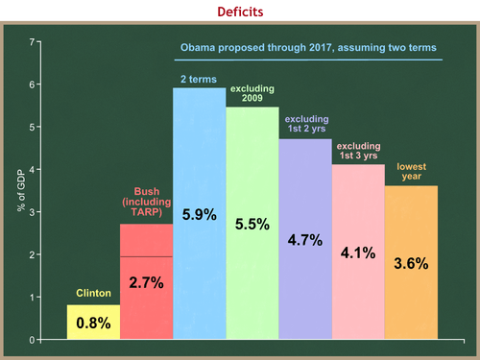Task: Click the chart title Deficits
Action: pyautogui.click(x=240, y=12)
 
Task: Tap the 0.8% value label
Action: pyautogui.click(x=93, y=325)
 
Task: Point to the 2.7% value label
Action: pyautogui.click(x=146, y=283)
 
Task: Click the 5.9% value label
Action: pyautogui.click(x=199, y=216)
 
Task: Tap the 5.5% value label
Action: pyautogui.click(x=252, y=226)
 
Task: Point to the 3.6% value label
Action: pyautogui.click(x=411, y=262)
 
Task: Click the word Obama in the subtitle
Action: pyautogui.click(x=199, y=46)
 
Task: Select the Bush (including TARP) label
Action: pyautogui.click(x=146, y=203)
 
